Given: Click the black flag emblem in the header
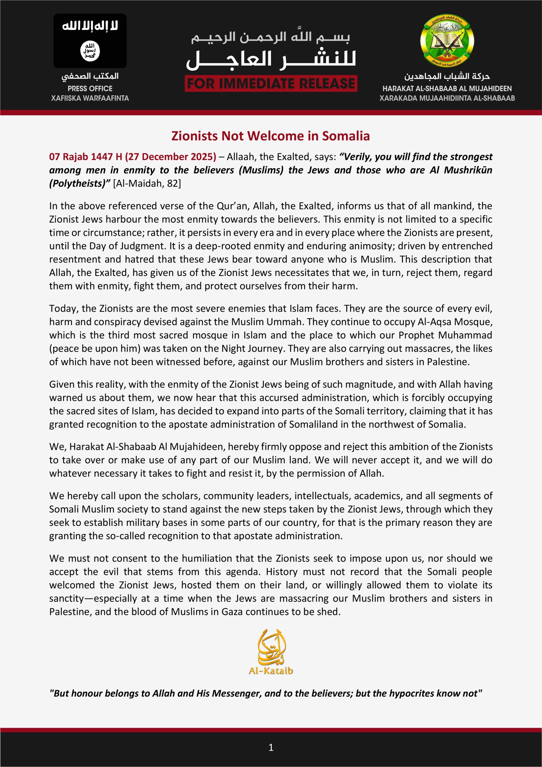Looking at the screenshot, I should coord(90,41).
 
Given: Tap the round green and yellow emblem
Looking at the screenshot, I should coord(447,41).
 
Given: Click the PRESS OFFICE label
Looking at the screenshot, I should coord(90,88).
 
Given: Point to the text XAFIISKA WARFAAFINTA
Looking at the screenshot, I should coord(90,98).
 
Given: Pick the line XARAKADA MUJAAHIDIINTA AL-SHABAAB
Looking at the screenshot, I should coord(447,98).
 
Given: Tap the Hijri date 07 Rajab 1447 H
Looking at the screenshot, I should coord(85,157).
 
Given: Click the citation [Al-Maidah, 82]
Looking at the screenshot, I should coord(147,183).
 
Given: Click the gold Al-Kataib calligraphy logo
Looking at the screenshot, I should coord(271,651).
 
